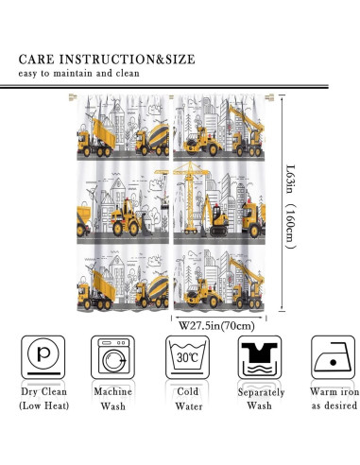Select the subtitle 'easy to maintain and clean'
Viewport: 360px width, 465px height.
tap(78, 74)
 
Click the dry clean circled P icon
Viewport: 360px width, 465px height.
tap(43, 357)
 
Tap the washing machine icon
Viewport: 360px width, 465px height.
tap(113, 357)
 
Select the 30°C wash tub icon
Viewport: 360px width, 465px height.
tap(188, 357)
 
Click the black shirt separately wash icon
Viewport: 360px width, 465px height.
tap(260, 357)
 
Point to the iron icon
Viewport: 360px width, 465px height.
tap(333, 357)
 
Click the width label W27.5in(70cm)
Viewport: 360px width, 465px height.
tap(216, 326)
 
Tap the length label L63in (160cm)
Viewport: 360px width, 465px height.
tap(290, 206)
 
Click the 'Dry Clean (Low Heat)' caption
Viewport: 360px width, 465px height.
tap(43, 399)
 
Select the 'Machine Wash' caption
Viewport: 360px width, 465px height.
tap(113, 399)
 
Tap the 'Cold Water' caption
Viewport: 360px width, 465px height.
tap(188, 399)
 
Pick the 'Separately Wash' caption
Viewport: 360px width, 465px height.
tap(261, 399)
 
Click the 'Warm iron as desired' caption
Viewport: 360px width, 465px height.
tap(334, 399)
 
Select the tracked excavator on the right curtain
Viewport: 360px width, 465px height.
tap(214, 216)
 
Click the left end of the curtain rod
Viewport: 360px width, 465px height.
tap(72, 97)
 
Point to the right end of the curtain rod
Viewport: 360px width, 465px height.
tap(270, 97)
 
